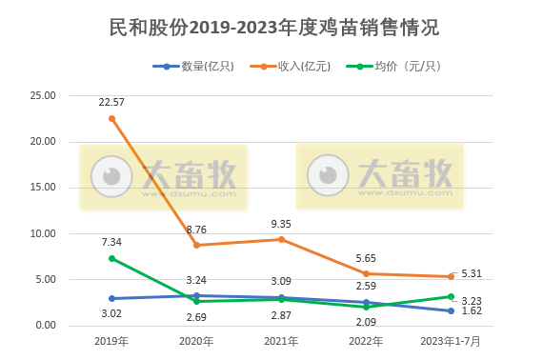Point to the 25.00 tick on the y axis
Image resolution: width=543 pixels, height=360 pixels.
tap(44, 96)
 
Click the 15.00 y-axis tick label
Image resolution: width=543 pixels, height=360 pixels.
tap(44, 188)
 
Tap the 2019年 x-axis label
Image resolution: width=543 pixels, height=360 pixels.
tap(111, 340)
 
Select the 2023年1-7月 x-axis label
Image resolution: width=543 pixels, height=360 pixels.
tap(449, 340)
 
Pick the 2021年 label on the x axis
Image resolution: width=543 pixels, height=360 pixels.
tap(280, 340)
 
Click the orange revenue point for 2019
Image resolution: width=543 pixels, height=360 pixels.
tap(111, 118)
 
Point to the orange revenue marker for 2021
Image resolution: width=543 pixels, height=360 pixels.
tap(280, 239)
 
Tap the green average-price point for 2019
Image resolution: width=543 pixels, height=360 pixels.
tap(111, 258)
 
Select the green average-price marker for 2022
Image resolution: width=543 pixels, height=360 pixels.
tap(365, 307)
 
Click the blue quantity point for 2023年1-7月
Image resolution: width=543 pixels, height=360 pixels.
tap(449, 310)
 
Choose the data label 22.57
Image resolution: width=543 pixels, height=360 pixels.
tap(112, 102)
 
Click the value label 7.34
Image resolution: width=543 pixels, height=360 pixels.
tap(112, 242)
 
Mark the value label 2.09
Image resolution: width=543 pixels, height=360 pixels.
tap(366, 321)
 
